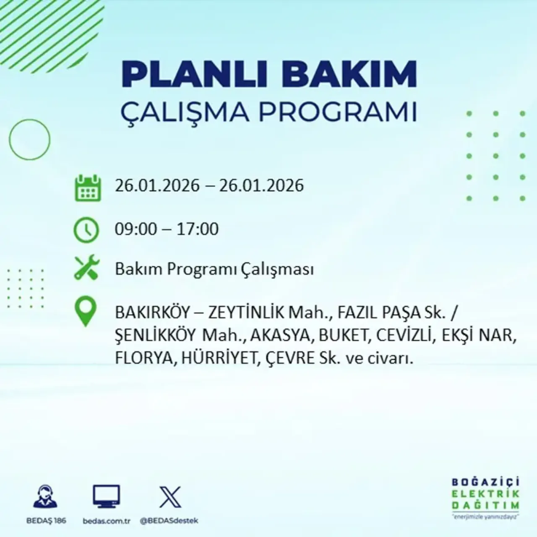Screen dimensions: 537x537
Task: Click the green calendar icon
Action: click(88, 188)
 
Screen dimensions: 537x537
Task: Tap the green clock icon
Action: click(86, 230)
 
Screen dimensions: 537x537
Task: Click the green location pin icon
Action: click(85, 311)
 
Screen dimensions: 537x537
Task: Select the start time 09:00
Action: click(136, 229)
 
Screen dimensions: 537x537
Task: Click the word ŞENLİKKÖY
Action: click(155, 335)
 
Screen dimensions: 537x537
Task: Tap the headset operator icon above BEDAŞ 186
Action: click(46, 497)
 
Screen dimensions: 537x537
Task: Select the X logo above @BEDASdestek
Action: click(170, 497)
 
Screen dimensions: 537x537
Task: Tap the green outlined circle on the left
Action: click(29, 139)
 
